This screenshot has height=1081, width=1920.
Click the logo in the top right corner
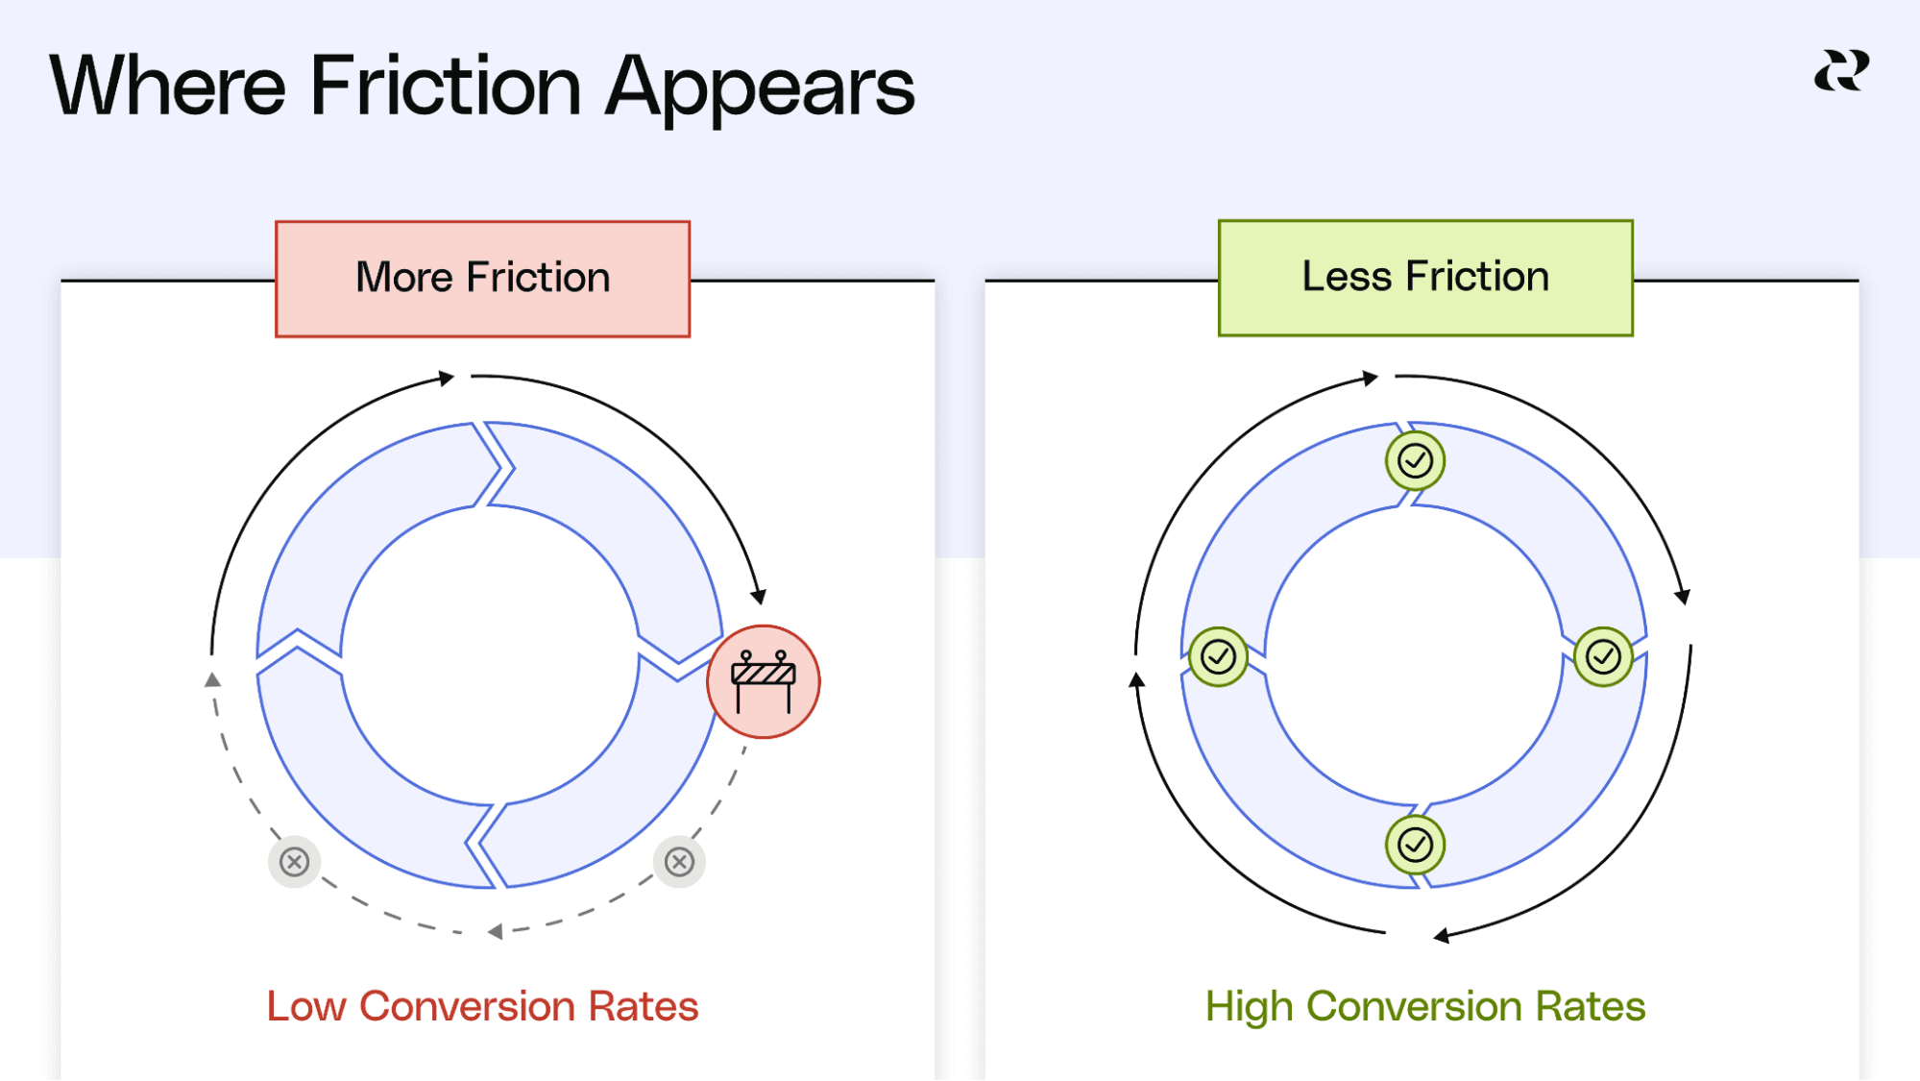point(1841,71)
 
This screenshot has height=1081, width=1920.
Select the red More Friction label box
point(482,279)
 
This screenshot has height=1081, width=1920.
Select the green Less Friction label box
point(1425,278)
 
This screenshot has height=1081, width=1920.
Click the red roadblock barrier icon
point(764,681)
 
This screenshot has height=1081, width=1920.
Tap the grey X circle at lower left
point(294,862)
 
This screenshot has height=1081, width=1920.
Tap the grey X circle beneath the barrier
point(679,862)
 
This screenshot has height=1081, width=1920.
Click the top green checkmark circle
point(1415,461)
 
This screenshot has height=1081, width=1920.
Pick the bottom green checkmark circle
point(1415,845)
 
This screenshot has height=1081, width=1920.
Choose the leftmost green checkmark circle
point(1218,657)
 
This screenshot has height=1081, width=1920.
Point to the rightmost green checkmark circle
point(1603,657)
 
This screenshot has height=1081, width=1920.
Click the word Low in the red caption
point(305,1007)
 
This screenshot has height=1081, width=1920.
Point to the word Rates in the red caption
point(643,1007)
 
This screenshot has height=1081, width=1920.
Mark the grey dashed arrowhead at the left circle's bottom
point(495,931)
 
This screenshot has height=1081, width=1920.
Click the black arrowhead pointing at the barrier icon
point(759,596)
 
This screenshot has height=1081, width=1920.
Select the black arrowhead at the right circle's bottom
point(1441,935)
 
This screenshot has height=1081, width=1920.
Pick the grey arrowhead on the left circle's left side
point(213,680)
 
